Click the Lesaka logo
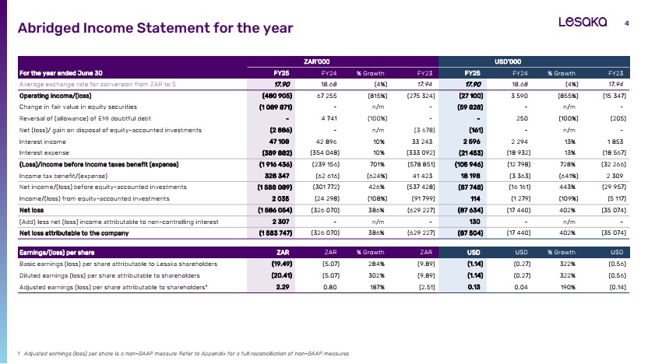click(x=583, y=22)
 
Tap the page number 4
click(x=626, y=23)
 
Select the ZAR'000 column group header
click(x=316, y=61)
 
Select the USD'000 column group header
click(x=508, y=61)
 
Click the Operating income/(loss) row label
click(x=55, y=96)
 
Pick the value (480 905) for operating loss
click(x=277, y=96)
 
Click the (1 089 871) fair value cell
click(x=276, y=107)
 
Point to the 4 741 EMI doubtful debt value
click(x=329, y=118)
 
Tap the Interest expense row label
click(x=44, y=152)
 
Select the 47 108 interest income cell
click(x=279, y=142)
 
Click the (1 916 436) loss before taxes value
click(x=276, y=164)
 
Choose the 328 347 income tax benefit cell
click(x=277, y=176)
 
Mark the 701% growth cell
click(x=377, y=164)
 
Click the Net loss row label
click(x=31, y=210)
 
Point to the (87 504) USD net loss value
click(x=470, y=233)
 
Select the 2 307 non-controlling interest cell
click(x=280, y=222)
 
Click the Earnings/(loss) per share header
click(x=57, y=253)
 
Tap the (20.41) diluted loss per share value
click(x=282, y=275)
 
